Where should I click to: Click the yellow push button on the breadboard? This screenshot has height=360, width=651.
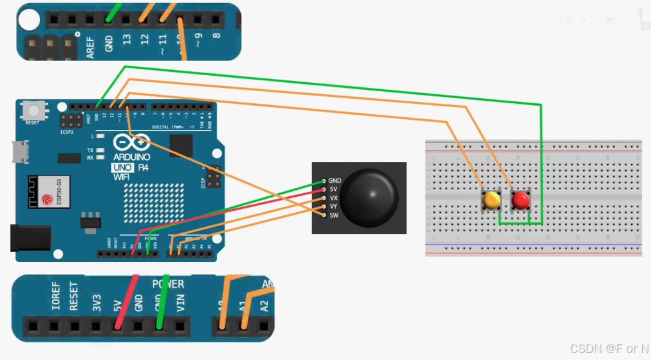click(491, 200)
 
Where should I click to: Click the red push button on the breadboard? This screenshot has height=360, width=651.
click(521, 200)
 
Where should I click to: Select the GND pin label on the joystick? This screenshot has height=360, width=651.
click(334, 181)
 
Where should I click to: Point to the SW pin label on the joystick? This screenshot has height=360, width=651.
click(333, 215)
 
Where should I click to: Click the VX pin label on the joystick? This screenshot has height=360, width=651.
click(333, 198)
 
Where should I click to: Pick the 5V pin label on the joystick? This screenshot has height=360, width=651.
click(333, 189)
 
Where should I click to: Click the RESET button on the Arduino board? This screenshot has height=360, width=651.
click(32, 112)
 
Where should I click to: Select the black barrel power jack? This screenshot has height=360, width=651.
click(30, 238)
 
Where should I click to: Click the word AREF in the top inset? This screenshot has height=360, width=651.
click(90, 47)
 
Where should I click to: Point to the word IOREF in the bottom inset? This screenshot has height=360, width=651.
click(55, 297)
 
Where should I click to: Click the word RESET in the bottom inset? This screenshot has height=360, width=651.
click(74, 296)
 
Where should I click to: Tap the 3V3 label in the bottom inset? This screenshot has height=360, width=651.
click(96, 301)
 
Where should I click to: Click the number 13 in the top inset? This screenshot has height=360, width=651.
click(127, 40)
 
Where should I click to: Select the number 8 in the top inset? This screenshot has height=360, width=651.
click(216, 36)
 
